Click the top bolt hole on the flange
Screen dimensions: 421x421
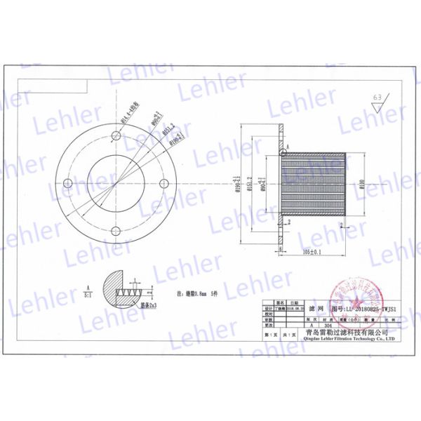pos(116,134)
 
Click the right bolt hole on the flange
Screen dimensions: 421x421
pos(164,183)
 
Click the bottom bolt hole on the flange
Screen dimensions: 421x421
pos(116,231)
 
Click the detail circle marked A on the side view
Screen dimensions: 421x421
pos(283,151)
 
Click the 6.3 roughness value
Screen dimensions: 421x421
pos(379,97)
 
